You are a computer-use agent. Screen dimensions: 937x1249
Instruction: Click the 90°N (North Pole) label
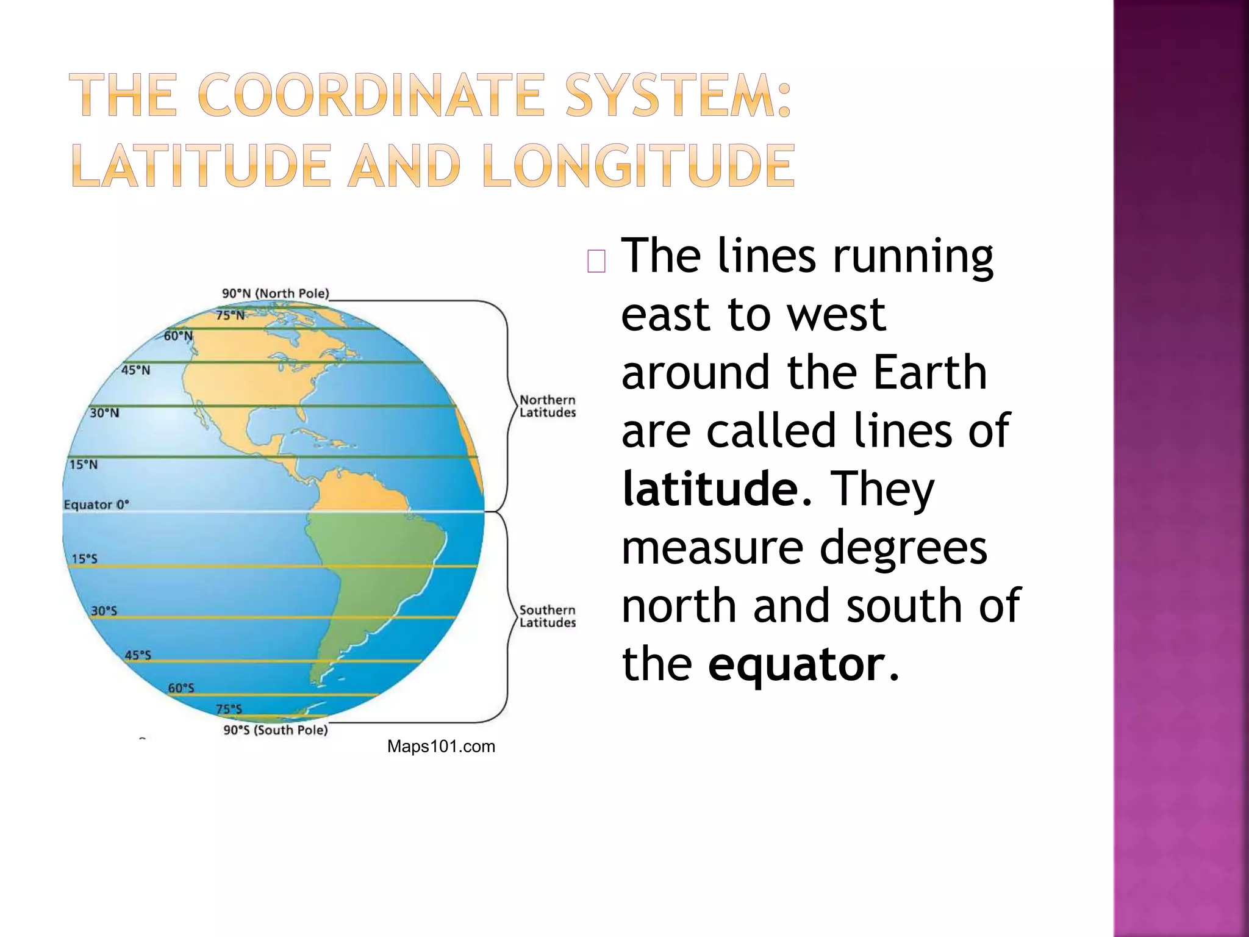[275, 293]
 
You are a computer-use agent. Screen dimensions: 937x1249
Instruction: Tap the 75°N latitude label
[231, 315]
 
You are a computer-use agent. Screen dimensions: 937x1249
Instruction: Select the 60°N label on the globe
[178, 336]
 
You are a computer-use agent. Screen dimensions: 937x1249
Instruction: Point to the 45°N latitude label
[135, 370]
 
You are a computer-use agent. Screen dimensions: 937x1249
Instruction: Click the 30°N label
[104, 413]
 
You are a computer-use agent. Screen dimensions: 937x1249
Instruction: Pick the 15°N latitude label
[83, 465]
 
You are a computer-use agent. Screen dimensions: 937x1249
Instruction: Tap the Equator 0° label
[96, 504]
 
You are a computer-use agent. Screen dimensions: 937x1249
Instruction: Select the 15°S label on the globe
[84, 559]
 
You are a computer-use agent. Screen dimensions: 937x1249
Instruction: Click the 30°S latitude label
[104, 611]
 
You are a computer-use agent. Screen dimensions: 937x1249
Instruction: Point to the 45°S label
[138, 655]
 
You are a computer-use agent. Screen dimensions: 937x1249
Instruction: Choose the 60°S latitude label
[181, 688]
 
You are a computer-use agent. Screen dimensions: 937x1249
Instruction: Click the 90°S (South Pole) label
[275, 730]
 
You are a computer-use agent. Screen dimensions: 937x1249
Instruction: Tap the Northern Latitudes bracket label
[547, 406]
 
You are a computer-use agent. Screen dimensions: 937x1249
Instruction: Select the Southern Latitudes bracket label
[547, 616]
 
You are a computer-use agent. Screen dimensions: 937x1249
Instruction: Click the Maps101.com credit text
[441, 747]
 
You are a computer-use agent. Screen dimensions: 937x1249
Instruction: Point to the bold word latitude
[710, 489]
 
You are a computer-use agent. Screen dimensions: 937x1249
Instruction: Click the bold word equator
[796, 664]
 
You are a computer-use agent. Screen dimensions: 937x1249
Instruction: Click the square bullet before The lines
[596, 261]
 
